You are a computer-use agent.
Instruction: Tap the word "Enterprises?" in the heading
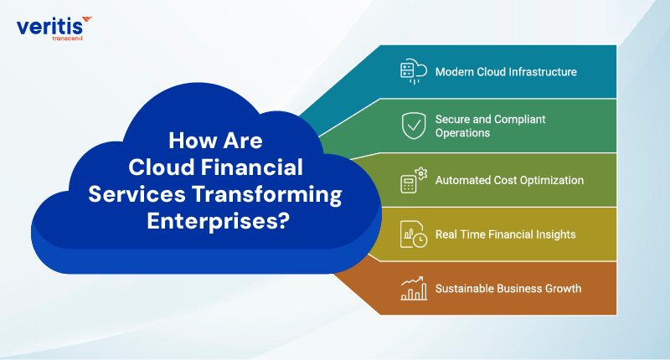coord(218,223)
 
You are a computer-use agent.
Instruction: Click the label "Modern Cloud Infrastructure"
coord(506,72)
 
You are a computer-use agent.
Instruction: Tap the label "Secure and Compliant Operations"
coord(491,126)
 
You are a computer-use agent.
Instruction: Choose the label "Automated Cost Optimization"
coord(509,180)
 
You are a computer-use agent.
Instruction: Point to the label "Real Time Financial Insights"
coord(505,234)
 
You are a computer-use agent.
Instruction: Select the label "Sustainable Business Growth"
coord(508,289)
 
